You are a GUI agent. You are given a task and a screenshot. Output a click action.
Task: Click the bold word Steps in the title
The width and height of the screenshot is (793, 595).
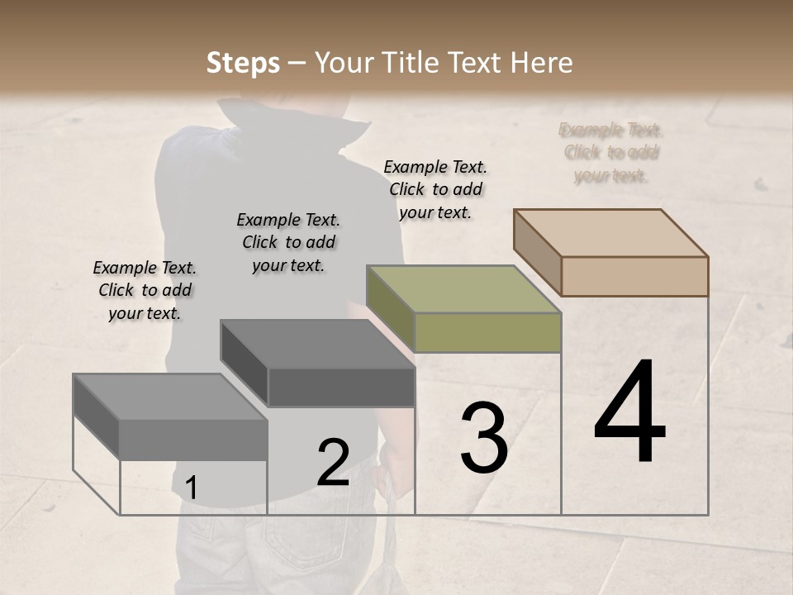tap(243, 64)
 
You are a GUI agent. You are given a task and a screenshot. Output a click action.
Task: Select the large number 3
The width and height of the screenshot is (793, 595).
tap(484, 438)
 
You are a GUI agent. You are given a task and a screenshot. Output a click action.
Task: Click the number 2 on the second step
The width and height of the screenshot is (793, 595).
tap(333, 463)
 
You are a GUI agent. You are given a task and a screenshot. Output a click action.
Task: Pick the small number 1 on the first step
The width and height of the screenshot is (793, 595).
tap(191, 488)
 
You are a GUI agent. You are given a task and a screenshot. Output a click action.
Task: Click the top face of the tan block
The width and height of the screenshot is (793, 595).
tap(611, 232)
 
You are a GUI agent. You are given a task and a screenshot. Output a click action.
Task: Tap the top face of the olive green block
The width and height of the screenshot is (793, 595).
tap(463, 289)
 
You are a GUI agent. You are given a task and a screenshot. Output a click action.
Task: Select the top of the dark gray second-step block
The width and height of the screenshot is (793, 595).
tap(317, 344)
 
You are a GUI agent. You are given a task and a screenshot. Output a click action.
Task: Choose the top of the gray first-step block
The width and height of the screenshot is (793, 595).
tap(170, 397)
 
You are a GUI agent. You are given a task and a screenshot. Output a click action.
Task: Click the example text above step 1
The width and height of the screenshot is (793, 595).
tap(145, 290)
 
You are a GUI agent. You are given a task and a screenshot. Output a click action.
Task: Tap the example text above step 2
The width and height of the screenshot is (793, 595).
tap(288, 242)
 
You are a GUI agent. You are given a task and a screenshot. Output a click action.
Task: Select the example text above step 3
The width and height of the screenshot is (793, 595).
tap(435, 189)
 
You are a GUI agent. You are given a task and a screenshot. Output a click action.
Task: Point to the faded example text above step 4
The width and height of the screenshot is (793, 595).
tap(610, 152)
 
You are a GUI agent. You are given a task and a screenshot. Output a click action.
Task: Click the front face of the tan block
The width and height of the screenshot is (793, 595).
tap(634, 276)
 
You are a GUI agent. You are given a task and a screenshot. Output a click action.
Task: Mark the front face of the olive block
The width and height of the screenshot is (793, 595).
tap(487, 332)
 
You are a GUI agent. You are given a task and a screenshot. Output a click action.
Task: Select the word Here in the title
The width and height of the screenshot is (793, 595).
tap(543, 64)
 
